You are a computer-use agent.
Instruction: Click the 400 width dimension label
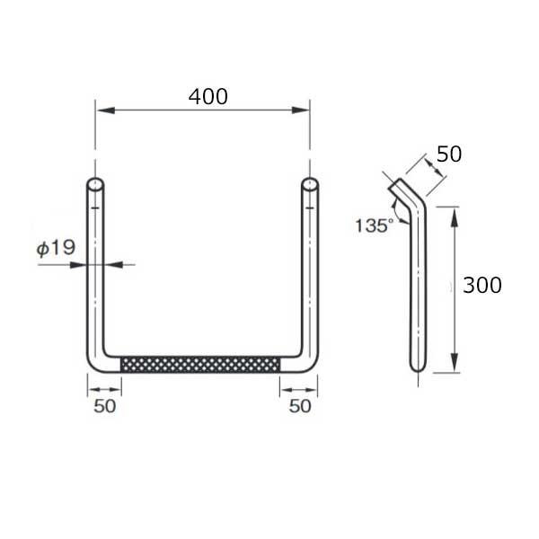point(208,97)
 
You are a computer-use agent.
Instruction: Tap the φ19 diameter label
point(56,248)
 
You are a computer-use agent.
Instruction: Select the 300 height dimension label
point(482,285)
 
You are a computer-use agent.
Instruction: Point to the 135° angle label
point(374,225)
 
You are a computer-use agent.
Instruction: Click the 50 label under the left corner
point(105,406)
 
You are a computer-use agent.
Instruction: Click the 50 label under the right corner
point(300,406)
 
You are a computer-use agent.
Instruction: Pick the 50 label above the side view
point(449,154)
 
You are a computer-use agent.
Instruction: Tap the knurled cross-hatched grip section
point(200,365)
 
